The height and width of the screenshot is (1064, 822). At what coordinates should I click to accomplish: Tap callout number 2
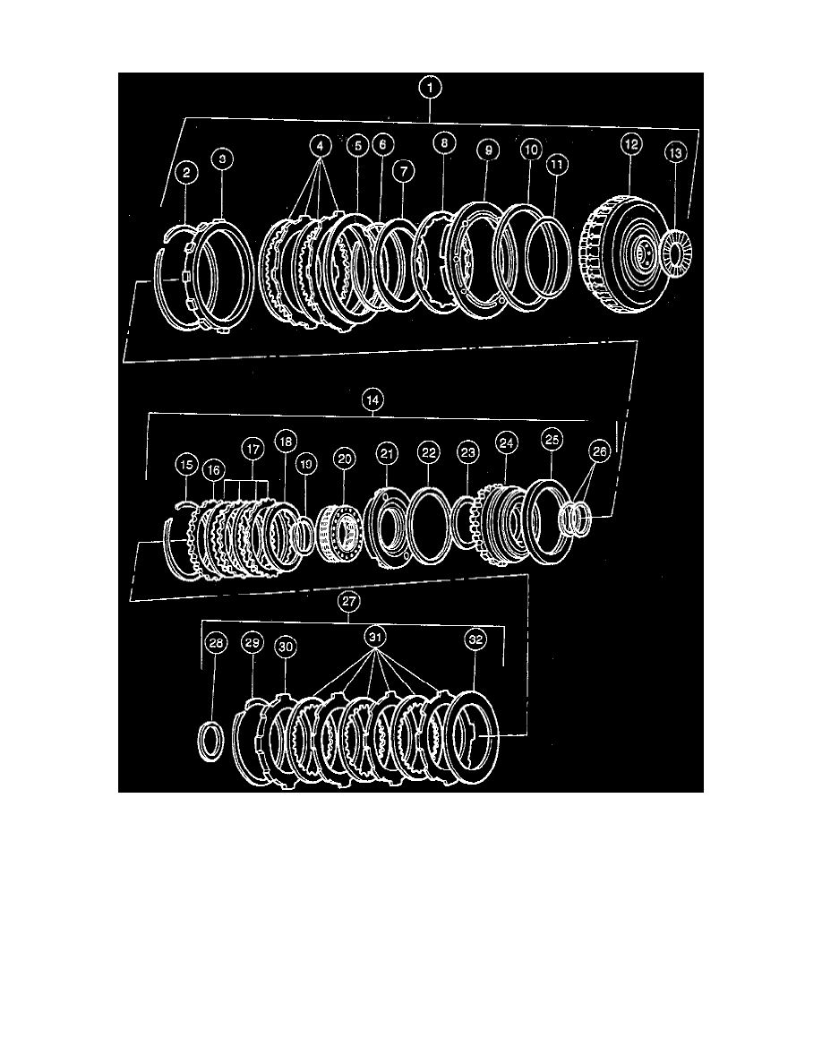(186, 172)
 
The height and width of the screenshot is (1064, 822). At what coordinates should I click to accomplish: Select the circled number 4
(321, 145)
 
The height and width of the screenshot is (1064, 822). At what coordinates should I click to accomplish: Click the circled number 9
(488, 151)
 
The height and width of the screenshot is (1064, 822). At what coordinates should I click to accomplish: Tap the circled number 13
(674, 153)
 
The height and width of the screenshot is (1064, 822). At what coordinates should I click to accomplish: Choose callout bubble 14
(372, 402)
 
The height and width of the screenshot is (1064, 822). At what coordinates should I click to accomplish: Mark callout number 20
(343, 458)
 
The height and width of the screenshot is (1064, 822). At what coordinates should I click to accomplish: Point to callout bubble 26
(599, 452)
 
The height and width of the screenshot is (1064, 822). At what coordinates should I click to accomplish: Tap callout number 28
(215, 642)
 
